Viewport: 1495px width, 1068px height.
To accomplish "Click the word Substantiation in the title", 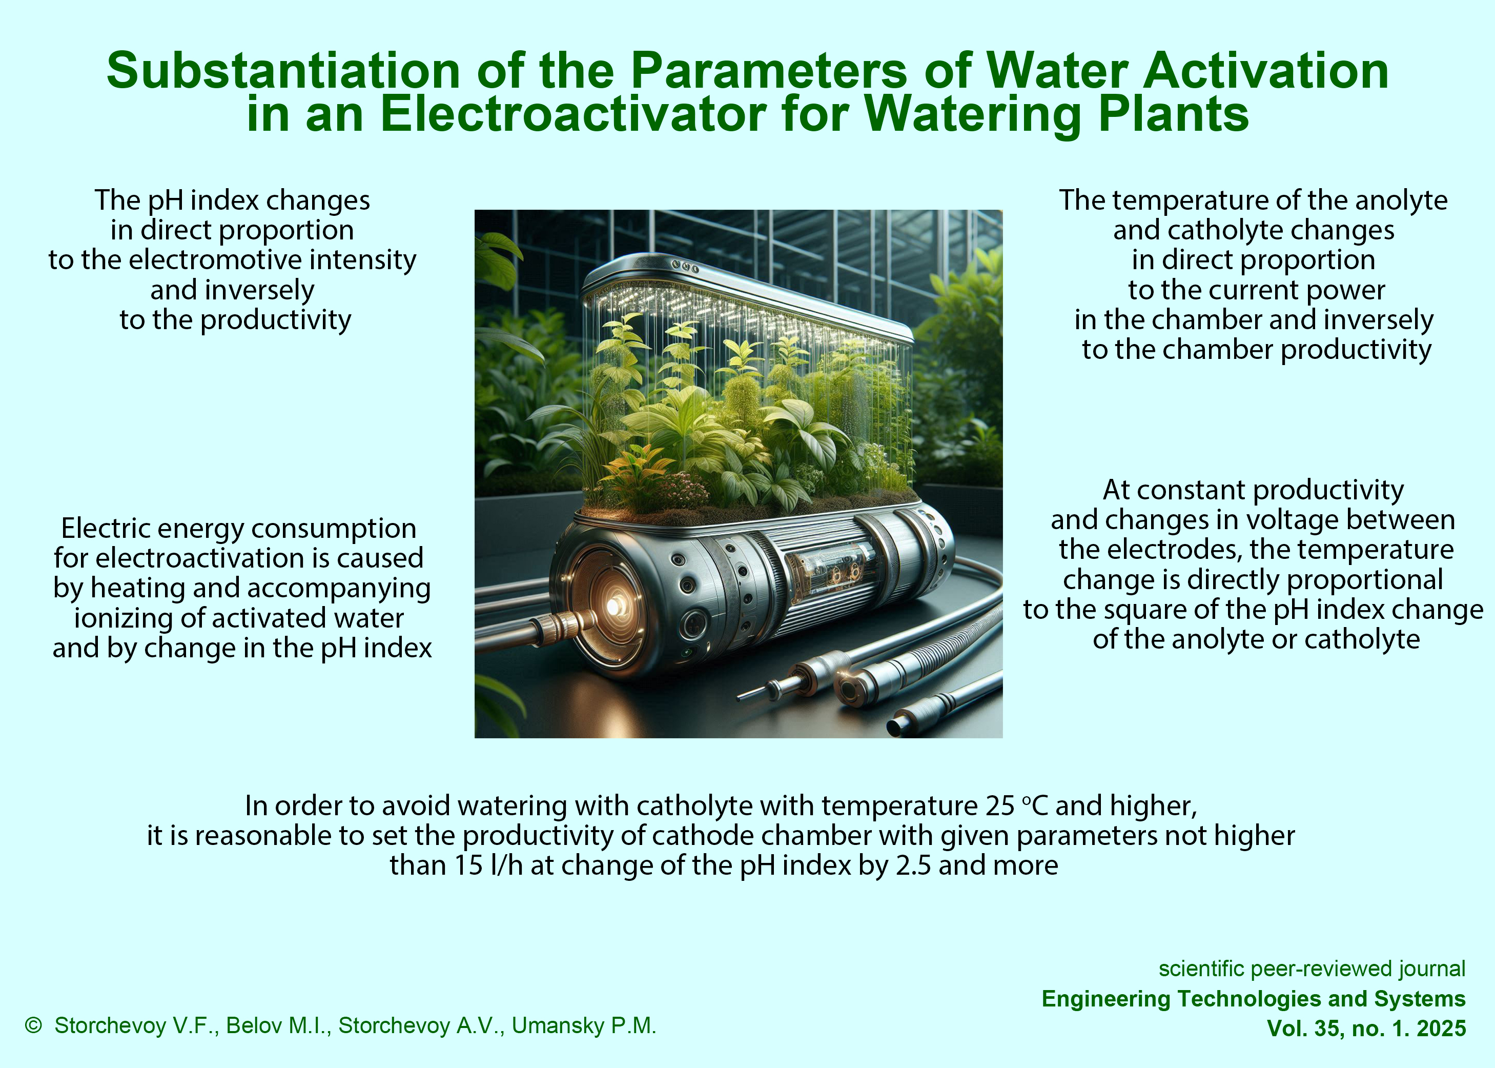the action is (x=283, y=70).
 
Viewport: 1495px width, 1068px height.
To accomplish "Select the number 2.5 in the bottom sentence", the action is (x=913, y=865).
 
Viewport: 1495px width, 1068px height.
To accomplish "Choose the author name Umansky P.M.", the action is (x=584, y=1025).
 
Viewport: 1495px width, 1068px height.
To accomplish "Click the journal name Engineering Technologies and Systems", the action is (x=1254, y=999).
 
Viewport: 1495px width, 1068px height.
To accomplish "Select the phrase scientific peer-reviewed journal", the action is (x=1312, y=969).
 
